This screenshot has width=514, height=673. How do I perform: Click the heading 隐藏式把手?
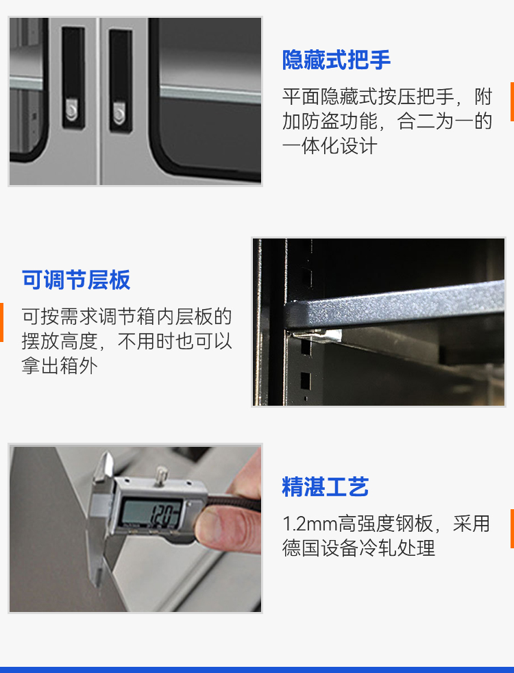[336, 60]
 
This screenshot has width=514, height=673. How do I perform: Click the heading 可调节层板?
[76, 280]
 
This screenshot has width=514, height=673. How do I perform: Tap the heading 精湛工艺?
[326, 487]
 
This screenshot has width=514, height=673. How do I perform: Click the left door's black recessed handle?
[73, 77]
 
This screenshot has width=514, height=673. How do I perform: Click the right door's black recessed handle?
[121, 80]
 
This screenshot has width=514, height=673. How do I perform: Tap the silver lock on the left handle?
[72, 110]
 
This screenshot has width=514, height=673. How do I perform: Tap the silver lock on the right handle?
[119, 112]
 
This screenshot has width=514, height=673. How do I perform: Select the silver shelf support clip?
[317, 335]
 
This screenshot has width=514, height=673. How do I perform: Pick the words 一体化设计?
[330, 147]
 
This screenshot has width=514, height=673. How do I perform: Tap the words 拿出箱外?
[60, 366]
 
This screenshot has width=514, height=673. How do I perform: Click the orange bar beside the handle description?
[512, 101]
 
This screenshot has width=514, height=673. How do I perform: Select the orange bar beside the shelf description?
[2, 322]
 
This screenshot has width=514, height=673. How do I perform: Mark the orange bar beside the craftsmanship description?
[512, 529]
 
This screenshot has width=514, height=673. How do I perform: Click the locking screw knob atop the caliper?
[161, 476]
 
